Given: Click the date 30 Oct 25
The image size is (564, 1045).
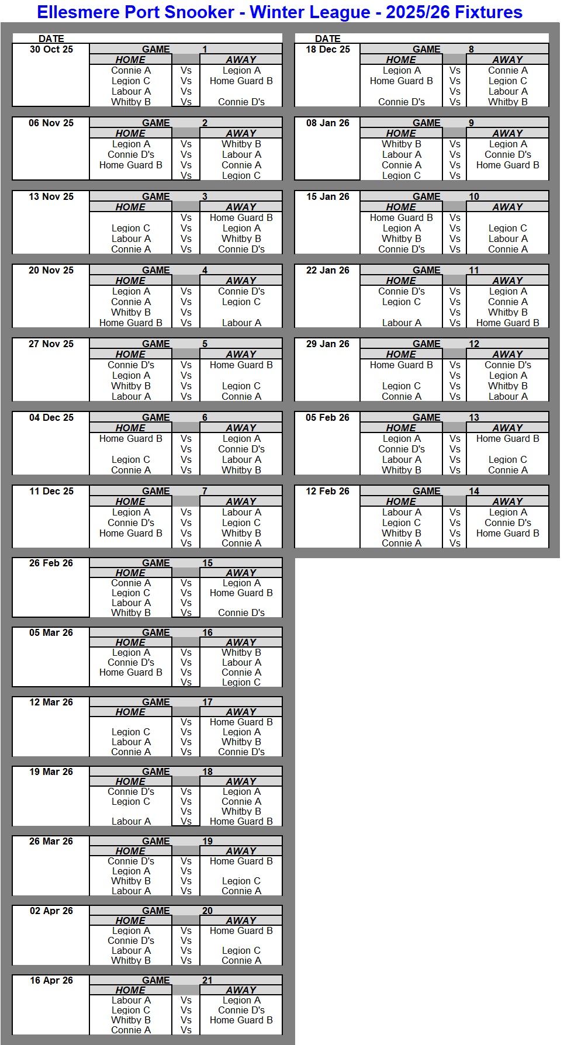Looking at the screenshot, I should tap(51, 50).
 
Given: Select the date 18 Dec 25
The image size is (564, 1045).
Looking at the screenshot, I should tap(327, 50).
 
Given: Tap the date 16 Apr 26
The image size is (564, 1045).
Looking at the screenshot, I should tap(51, 980).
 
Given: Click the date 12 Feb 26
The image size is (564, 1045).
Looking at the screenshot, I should tap(327, 492).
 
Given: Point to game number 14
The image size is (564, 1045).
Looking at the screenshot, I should tap(473, 492).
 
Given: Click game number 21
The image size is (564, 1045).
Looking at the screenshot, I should tap(207, 980).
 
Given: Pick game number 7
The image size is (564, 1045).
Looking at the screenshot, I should tap(205, 492).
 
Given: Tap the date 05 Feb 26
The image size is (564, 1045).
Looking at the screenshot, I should tap(327, 418).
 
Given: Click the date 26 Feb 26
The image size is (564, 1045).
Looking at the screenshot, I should tap(51, 563).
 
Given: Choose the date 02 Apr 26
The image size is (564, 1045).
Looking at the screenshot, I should tap(51, 911).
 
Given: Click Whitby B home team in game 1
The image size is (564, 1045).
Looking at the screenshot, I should tap(131, 102).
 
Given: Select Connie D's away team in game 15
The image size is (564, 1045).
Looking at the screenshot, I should tap(241, 613).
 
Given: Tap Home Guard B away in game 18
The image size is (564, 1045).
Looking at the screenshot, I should tap(241, 821).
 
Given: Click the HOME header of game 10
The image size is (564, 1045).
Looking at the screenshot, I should tap(401, 207).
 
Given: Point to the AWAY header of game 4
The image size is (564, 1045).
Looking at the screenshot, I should tap(241, 281).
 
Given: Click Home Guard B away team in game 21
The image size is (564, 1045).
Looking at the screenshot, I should tap(241, 1020).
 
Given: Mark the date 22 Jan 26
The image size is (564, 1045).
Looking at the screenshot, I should tap(327, 271).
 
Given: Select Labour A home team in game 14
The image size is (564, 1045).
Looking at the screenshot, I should tap(401, 512).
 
